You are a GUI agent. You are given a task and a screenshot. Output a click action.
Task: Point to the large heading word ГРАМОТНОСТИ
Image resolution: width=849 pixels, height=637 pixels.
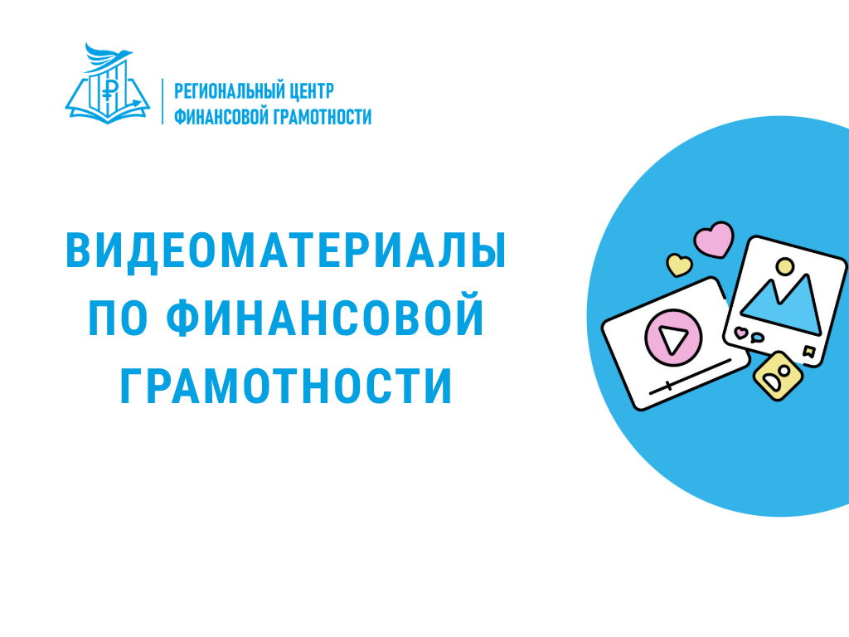[x=287, y=385]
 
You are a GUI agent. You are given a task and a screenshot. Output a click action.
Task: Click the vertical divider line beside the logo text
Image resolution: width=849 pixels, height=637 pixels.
[x=163, y=101]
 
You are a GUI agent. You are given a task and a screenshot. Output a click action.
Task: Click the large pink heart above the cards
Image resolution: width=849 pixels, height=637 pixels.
[x=714, y=239]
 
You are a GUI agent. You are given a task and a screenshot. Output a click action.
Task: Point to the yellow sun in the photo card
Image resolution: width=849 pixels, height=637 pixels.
[x=782, y=267]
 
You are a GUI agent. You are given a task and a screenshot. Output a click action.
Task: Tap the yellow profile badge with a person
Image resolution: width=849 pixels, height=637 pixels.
[x=778, y=375]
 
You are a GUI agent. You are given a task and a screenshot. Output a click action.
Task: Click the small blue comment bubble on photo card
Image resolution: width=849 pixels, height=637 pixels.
[x=755, y=338]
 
